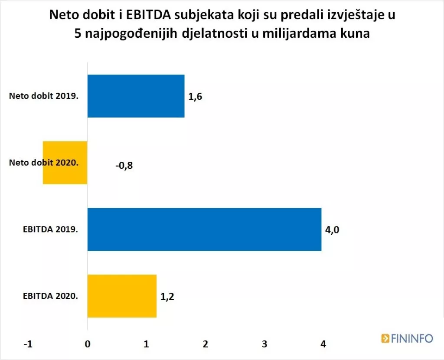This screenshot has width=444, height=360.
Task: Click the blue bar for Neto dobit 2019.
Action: [136, 96]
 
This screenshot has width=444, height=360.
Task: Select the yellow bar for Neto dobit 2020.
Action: [65, 163]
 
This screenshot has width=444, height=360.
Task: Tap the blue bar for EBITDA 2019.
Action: [204, 229]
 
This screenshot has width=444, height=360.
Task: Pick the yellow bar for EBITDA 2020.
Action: [122, 296]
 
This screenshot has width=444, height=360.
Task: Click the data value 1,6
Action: [195, 96]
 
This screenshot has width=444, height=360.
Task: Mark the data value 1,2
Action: [167, 297]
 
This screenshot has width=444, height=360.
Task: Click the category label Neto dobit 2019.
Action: [43, 96]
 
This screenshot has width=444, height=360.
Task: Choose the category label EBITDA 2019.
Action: [50, 229]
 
